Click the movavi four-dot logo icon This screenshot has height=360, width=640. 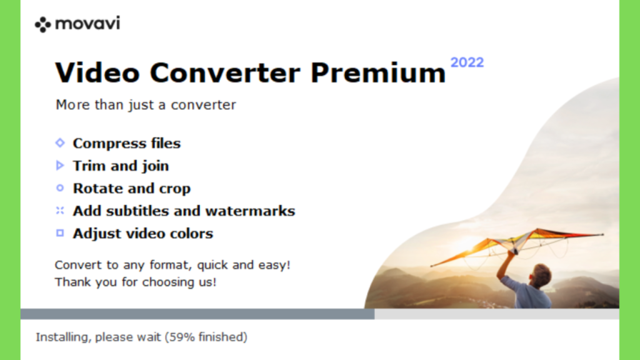pyautogui.click(x=43, y=25)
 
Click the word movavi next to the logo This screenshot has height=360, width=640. pyautogui.click(x=87, y=23)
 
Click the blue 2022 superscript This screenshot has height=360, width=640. pyautogui.click(x=467, y=62)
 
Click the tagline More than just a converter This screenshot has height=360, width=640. pyautogui.click(x=146, y=105)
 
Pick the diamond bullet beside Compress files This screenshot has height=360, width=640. pyautogui.click(x=60, y=143)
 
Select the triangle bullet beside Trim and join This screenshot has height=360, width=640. pyautogui.click(x=60, y=165)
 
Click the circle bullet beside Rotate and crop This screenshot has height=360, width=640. pyautogui.click(x=60, y=187)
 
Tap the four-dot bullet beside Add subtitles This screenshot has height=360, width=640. pyautogui.click(x=60, y=210)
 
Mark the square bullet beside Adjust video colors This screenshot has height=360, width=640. pyautogui.click(x=60, y=233)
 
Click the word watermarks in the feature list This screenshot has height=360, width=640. pyautogui.click(x=250, y=211)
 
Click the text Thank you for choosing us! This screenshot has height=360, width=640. pyautogui.click(x=136, y=282)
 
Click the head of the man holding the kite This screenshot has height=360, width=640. pyautogui.click(x=541, y=275)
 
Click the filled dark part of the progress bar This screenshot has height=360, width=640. pyautogui.click(x=197, y=314)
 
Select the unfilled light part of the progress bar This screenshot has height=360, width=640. pyautogui.click(x=497, y=314)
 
